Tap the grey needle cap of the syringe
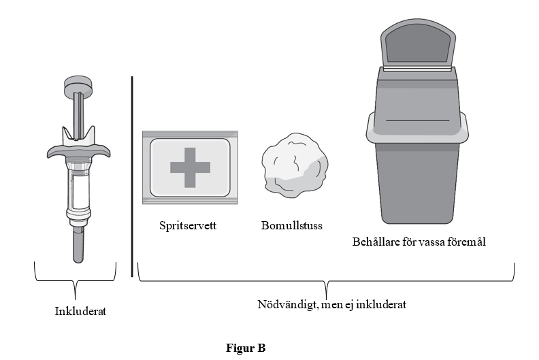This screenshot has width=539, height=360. click(78, 245)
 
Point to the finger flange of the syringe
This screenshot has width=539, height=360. click(79, 150)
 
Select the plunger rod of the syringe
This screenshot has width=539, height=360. click(79, 115)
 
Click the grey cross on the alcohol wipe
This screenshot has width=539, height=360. click(190, 168)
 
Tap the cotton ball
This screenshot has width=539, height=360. click(295, 166)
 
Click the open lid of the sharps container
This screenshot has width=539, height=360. click(418, 44)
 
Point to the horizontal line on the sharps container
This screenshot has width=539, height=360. click(418, 120)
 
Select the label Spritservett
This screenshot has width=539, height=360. click(188, 225)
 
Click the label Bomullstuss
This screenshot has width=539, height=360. click(292, 225)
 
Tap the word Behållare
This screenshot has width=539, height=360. click(376, 242)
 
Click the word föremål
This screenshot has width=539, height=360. click(465, 242)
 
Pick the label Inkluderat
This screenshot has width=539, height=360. click(80, 311)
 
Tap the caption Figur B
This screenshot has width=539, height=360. click(246, 348)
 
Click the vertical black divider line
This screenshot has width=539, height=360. click(132, 177)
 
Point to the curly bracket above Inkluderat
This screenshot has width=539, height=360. click(76, 281)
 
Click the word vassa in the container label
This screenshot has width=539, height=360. click(430, 242)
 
